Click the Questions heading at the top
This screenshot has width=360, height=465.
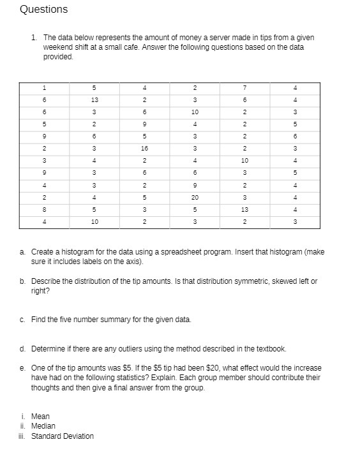coord(43,10)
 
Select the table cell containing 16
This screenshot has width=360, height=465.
coord(146,148)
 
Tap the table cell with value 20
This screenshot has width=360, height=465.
coord(195,197)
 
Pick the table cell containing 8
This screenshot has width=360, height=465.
coord(44,209)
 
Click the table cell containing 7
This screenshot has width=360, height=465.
coord(244,87)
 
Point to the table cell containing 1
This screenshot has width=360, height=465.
coord(44,87)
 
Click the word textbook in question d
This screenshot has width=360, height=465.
coord(271,349)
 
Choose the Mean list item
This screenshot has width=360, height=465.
coord(40,416)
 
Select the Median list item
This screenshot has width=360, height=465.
coord(43,425)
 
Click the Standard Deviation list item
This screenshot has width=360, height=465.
coord(62,436)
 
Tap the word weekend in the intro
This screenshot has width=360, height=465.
coord(57,47)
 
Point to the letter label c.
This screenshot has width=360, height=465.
coord(23,319)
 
